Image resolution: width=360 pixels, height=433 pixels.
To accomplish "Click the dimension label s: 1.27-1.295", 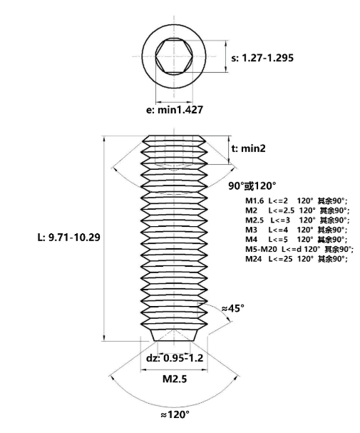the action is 262,58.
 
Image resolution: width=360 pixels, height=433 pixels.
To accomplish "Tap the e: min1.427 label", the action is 175,110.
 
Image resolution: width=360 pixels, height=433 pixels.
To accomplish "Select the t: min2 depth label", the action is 248,148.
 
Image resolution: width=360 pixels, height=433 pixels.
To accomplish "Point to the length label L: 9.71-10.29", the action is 68,238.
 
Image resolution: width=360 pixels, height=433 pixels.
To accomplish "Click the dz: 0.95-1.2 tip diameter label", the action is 175,358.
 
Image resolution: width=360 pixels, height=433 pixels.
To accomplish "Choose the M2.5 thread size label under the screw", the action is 175,379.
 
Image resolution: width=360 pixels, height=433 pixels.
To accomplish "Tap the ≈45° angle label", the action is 233,308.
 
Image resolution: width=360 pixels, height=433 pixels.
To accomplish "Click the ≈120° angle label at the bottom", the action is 175,414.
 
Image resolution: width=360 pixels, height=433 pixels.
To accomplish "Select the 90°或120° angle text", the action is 252,186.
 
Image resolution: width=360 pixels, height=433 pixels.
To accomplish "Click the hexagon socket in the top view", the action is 174,56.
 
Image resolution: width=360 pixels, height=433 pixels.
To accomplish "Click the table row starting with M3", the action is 297,230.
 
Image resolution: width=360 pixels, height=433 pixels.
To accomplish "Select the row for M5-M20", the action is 299,249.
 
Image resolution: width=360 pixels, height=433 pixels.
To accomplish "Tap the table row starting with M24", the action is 297,259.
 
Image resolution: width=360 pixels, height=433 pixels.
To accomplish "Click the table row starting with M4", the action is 297,240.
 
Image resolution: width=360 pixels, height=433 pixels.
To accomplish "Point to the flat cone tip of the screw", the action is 174,335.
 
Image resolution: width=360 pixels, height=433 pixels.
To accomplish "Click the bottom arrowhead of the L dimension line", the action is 104,338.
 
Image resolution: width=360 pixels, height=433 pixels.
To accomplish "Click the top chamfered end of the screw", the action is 174,138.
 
